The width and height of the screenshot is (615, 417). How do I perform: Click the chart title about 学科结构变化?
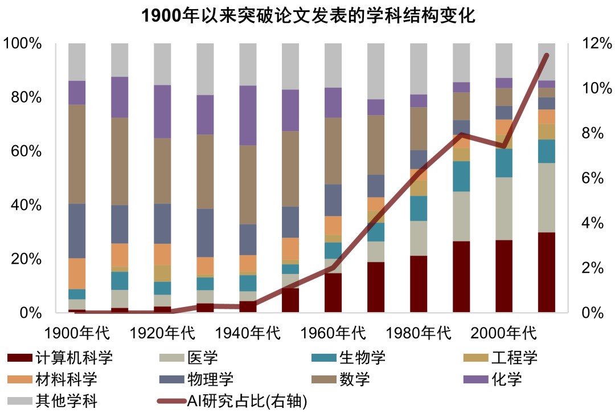tap(307, 15)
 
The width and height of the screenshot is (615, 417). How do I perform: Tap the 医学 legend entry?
tap(188, 358)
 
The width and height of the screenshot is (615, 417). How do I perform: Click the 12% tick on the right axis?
tap(593, 43)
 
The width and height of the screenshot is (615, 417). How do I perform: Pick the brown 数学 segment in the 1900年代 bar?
tap(77, 154)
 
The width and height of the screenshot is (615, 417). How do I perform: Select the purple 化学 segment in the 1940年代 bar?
tap(248, 115)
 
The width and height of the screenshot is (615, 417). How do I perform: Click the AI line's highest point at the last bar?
tap(547, 55)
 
